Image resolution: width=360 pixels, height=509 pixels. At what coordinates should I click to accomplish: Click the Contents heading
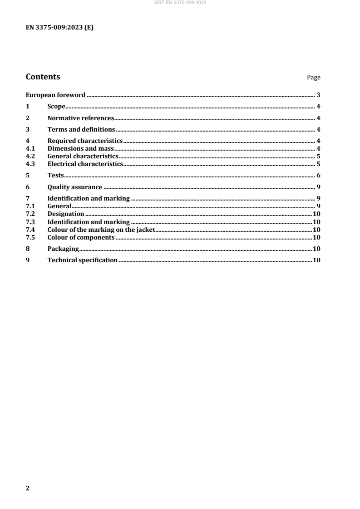43,77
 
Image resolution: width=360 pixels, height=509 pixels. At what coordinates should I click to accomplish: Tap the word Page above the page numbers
314,78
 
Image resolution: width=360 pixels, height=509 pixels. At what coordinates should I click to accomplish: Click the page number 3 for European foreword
319,95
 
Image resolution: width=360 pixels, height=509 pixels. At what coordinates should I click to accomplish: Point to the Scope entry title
57,107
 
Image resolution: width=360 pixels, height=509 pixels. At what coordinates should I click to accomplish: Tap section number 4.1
30,148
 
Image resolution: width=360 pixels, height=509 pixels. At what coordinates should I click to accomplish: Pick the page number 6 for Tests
319,176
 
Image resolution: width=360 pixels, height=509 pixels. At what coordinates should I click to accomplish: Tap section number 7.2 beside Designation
30,214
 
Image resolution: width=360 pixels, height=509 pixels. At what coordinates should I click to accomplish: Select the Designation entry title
66,214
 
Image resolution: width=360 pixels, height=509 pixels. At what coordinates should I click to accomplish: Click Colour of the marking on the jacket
101,230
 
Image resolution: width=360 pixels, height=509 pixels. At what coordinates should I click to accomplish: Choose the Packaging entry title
63,249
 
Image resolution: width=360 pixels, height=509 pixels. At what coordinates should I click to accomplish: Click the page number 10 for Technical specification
317,260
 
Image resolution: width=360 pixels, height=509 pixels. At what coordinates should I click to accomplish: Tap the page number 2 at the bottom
28,488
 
